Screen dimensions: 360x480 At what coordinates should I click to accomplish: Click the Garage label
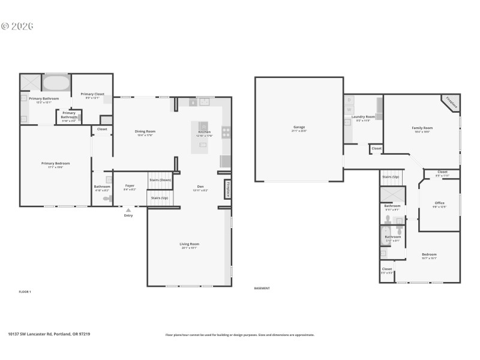pyautogui.click(x=299, y=127)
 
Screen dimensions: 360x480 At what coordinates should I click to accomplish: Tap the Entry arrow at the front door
pyautogui.click(x=128, y=210)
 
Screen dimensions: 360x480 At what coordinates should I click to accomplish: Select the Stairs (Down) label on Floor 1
pyautogui.click(x=160, y=180)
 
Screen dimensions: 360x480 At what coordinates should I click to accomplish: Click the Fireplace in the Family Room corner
pyautogui.click(x=451, y=103)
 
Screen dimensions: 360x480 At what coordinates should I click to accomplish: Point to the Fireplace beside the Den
pyautogui.click(x=228, y=189)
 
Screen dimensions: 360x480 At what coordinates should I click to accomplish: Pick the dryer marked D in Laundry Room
pyautogui.click(x=349, y=100)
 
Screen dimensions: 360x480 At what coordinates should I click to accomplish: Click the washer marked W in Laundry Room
pyautogui.click(x=349, y=110)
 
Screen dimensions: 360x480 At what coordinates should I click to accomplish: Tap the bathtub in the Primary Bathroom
pyautogui.click(x=56, y=83)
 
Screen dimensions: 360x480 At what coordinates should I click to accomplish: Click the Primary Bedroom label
pyautogui.click(x=56, y=163)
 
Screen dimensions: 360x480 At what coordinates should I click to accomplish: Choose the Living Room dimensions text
pyautogui.click(x=189, y=248)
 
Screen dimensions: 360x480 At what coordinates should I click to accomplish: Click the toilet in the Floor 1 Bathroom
pyautogui.click(x=107, y=198)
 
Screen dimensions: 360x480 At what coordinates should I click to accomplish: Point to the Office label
pyautogui.click(x=439, y=203)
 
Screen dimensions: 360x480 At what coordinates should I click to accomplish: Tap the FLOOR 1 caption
pyautogui.click(x=25, y=292)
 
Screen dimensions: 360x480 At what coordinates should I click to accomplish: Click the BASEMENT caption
pyautogui.click(x=262, y=288)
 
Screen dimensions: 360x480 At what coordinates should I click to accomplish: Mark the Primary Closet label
pyautogui.click(x=92, y=94)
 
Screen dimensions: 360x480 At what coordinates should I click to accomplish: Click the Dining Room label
pyautogui.click(x=145, y=131)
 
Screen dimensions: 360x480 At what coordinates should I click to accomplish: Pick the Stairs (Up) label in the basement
pyautogui.click(x=390, y=177)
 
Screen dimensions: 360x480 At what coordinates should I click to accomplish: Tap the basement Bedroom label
pyautogui.click(x=428, y=254)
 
